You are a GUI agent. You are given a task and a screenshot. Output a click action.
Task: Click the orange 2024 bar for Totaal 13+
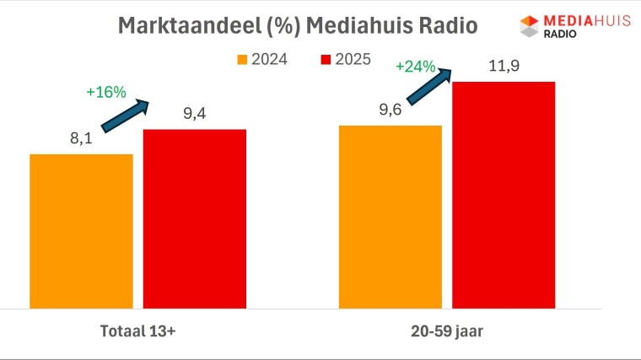[81, 231]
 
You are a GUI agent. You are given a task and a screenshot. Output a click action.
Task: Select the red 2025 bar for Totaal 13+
[194, 218]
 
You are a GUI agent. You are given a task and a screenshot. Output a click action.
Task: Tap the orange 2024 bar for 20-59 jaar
[390, 217]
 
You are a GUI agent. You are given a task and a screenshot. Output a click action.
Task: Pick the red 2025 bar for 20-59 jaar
[504, 195]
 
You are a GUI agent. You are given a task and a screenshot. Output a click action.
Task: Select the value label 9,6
[390, 110]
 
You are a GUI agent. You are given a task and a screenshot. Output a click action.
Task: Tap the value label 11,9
[504, 66]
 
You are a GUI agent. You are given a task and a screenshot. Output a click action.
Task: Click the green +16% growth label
[105, 93]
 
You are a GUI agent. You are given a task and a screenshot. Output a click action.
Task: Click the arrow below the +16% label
[125, 116]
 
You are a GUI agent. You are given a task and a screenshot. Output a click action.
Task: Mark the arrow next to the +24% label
[431, 85]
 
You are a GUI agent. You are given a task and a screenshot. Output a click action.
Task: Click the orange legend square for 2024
[242, 60]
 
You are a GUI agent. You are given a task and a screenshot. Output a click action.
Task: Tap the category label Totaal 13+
[137, 332]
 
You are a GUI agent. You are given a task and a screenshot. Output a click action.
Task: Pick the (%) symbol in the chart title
[274, 25]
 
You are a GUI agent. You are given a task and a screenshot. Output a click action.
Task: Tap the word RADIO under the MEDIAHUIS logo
[559, 34]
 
